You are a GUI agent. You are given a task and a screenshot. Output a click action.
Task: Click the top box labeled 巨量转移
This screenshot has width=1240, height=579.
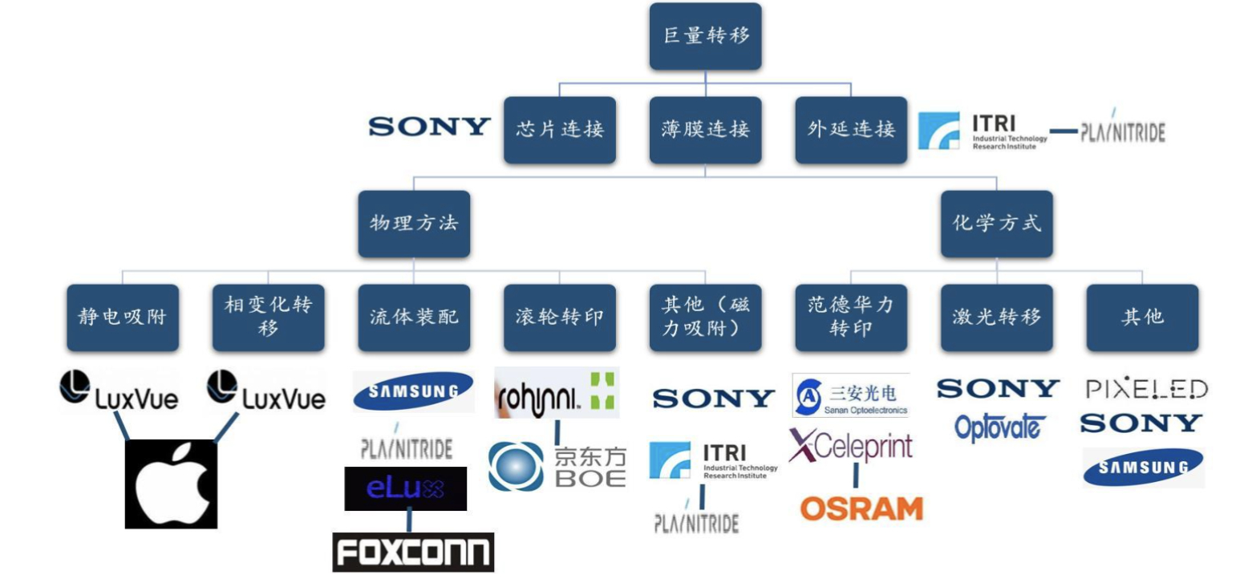704,37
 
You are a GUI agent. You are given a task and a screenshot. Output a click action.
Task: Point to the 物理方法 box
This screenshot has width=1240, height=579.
413,223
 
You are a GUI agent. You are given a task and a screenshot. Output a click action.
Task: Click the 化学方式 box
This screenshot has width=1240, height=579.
996,223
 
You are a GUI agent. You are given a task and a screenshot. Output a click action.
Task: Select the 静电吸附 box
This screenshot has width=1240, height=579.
122,317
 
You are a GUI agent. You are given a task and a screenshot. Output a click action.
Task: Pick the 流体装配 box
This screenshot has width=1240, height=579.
413,317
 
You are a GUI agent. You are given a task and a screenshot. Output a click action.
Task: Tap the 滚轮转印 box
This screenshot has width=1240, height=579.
559,317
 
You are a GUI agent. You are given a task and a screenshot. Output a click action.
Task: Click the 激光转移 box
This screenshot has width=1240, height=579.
996,317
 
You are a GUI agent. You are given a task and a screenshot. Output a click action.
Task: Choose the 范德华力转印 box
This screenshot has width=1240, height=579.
850,317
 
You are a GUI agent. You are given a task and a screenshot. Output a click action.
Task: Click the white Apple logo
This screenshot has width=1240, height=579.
171,484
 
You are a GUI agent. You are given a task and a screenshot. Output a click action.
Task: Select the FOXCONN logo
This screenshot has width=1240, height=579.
413,552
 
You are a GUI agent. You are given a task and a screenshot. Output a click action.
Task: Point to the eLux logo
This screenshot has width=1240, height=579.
405,488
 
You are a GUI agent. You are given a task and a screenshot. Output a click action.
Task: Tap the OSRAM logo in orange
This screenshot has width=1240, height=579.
861,508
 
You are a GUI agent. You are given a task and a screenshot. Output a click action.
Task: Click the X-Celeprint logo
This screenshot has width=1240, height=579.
850,446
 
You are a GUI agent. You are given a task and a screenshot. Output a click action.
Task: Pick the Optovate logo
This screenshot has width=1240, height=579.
996,427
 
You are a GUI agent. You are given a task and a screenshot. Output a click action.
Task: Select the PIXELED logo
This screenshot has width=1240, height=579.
1145,389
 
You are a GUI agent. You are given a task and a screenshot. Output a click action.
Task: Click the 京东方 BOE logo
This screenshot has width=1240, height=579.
557,466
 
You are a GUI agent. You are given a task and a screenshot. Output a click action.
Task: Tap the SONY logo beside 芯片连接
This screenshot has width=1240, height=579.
429,127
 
